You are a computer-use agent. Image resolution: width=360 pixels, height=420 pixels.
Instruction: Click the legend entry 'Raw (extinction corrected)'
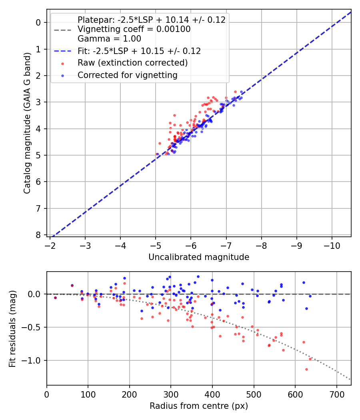pos(132,63)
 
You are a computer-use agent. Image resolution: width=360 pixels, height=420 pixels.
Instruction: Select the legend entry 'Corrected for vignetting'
pos(128,75)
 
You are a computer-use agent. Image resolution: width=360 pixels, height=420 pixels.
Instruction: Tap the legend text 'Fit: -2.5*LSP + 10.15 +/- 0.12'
pos(139,51)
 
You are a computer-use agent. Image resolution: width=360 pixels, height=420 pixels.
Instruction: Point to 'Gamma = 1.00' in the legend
pos(109,39)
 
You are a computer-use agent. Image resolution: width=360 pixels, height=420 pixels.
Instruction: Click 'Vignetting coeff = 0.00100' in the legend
pos(134,29)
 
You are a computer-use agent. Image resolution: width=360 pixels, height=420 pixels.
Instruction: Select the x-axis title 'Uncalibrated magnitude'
pos(199,257)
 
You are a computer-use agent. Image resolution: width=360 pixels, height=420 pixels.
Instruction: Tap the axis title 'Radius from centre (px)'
pos(199,406)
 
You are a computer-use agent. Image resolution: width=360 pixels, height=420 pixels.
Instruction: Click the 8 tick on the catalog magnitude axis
pos(39,235)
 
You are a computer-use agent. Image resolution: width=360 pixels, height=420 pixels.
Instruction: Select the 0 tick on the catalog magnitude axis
pos(39,22)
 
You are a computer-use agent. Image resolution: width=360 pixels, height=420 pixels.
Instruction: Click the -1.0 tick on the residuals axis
pos(34,360)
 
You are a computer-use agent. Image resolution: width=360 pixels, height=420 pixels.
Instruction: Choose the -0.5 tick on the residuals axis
pos(34,327)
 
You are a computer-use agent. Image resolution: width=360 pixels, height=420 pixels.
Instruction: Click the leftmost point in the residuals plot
pos(55,298)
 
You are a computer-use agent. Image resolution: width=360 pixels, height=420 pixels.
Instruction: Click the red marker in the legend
pos(62,63)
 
